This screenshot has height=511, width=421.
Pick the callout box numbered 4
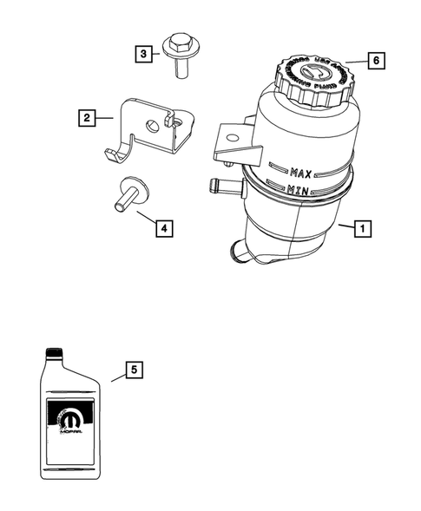(x=162, y=229)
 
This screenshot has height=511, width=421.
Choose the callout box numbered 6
(x=375, y=61)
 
